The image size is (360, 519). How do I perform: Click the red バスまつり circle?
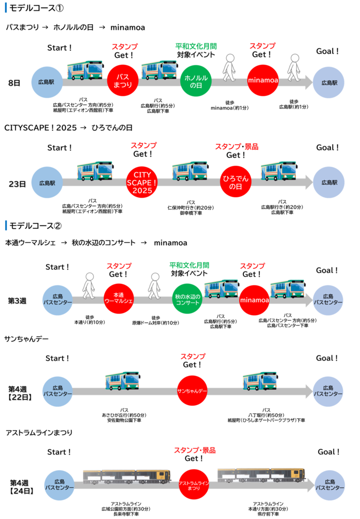click(x=123, y=81)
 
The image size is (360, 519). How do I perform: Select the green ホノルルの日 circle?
click(x=196, y=81)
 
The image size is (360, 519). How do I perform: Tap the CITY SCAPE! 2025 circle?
click(x=142, y=183)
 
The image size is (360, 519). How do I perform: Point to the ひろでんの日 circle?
click(x=236, y=183)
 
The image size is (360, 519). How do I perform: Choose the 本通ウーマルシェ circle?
click(x=119, y=299)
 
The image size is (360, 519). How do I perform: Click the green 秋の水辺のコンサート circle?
click(x=187, y=299)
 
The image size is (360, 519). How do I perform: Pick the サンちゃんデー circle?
click(x=192, y=390)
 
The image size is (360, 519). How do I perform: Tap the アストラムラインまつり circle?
click(x=193, y=484)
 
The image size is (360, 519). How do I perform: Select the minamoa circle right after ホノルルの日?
click(x=262, y=81)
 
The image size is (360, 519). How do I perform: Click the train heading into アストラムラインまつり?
click(x=127, y=476)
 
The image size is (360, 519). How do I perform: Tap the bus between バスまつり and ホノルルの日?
click(x=159, y=70)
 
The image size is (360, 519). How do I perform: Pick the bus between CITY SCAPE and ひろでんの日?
click(x=189, y=170)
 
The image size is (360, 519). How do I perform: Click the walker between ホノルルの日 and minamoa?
click(x=229, y=67)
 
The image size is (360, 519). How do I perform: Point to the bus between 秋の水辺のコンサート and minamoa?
click(x=221, y=288)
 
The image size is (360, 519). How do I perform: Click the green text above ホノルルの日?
click(x=196, y=47)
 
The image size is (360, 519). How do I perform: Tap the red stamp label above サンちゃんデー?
click(x=193, y=357)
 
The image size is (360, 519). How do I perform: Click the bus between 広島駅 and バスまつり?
click(x=85, y=70)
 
